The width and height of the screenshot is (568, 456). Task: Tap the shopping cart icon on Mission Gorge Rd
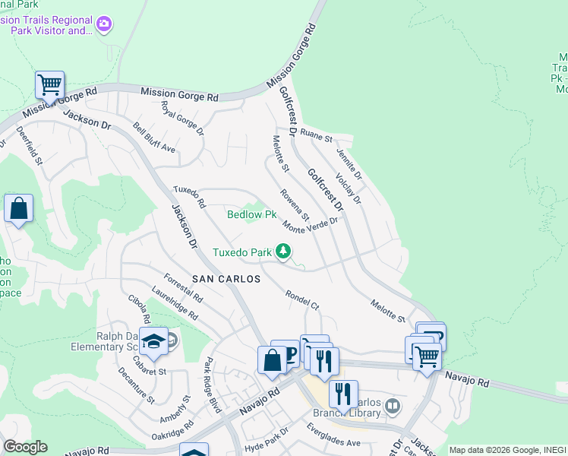click(x=49, y=84)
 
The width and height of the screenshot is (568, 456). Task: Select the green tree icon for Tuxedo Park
click(x=283, y=251)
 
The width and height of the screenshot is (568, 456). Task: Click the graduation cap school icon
click(x=154, y=343)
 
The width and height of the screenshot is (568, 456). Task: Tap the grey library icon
click(x=393, y=406)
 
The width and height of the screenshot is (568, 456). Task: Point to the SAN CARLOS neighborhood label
click(x=226, y=279)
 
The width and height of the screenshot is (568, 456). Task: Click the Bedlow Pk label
click(x=252, y=214)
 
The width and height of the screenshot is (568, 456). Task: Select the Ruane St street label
click(x=316, y=138)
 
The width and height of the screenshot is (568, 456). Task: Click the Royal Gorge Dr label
click(x=183, y=119)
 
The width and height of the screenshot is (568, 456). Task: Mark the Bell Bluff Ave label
click(x=153, y=138)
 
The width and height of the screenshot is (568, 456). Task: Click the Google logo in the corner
click(x=24, y=447)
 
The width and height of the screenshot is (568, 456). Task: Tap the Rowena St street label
click(x=293, y=205)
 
